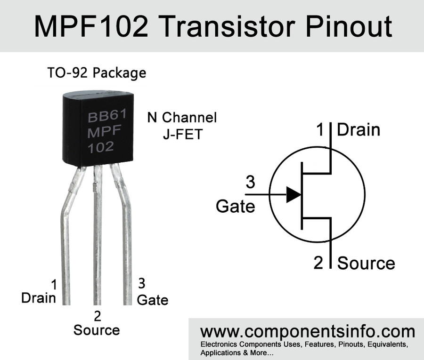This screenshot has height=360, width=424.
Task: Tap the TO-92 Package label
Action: (x=97, y=73)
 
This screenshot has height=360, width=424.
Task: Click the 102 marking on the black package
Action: (x=101, y=146)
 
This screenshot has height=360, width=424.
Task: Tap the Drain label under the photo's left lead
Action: (x=39, y=298)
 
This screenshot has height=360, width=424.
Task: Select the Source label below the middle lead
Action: (x=97, y=329)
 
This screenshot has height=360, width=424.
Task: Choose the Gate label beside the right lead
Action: (x=152, y=299)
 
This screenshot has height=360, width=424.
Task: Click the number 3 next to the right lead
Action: (x=141, y=284)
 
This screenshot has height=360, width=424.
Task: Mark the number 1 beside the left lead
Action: (x=54, y=284)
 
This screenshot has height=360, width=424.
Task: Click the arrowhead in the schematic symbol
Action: (x=293, y=194)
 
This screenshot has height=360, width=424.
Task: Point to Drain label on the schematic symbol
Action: (x=359, y=129)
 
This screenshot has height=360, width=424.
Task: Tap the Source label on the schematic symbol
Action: (x=366, y=263)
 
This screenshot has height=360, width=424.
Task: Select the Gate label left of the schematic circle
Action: (x=235, y=206)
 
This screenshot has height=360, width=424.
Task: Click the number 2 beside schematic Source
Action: (x=318, y=263)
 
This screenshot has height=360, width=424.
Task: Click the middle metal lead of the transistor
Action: (x=98, y=235)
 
